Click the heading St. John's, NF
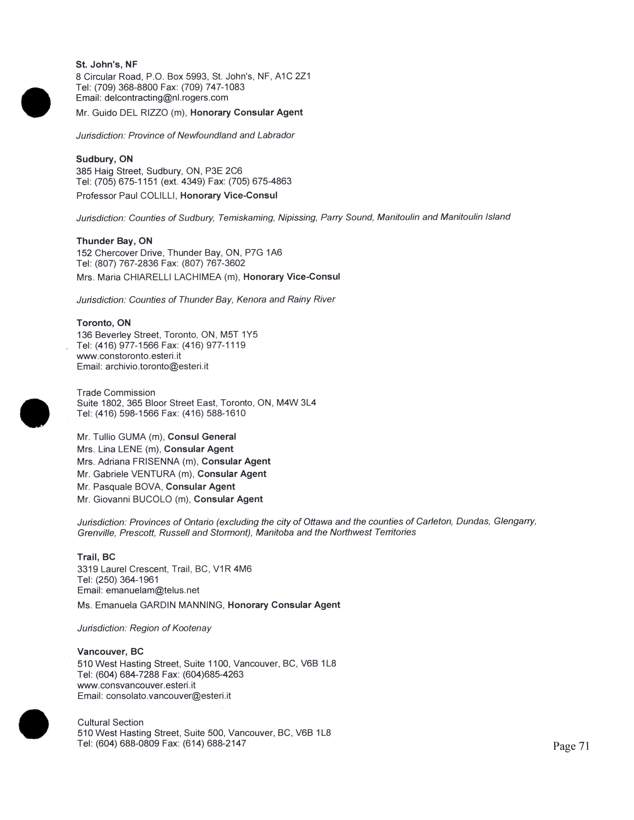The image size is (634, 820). [x=107, y=64]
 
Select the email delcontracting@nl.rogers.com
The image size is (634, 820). [x=166, y=98]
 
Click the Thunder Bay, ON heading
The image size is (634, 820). [x=114, y=241]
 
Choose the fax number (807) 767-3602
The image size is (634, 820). [x=213, y=263]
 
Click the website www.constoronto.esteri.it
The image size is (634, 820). [x=129, y=356]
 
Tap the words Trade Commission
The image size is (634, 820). [x=116, y=393]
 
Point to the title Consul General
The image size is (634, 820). [x=202, y=437]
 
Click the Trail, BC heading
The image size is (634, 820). [x=96, y=557]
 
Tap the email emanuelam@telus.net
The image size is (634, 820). [x=152, y=590]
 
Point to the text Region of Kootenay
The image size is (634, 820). [x=170, y=628]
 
